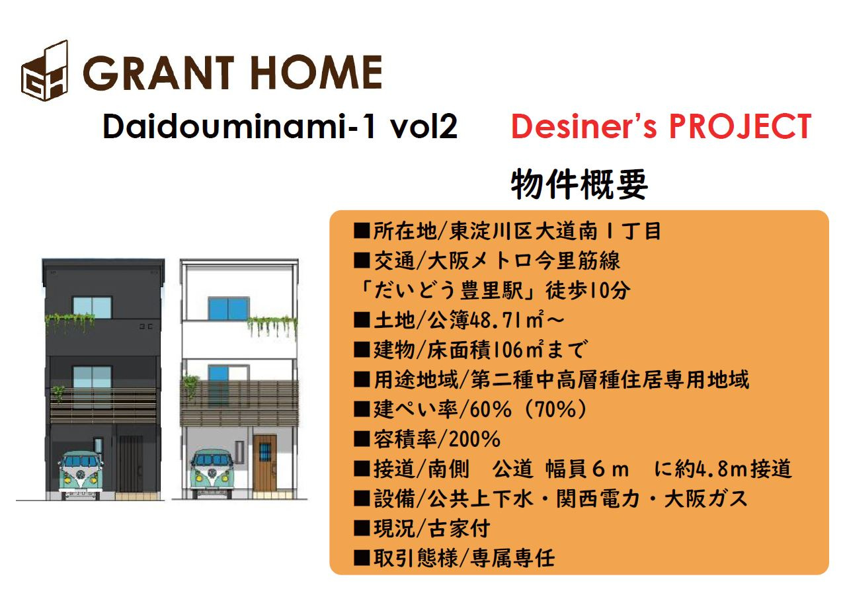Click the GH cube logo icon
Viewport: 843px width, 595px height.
[x=45, y=71]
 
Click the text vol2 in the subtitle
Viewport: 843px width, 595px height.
[x=424, y=126]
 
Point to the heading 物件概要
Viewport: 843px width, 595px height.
[x=579, y=184]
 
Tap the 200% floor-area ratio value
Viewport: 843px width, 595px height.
[x=475, y=439]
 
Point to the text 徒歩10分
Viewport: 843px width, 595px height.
[x=588, y=290]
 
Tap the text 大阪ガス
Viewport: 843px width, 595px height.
[x=706, y=498]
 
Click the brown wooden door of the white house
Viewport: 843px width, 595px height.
[x=265, y=463]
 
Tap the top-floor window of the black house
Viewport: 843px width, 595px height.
[x=92, y=308]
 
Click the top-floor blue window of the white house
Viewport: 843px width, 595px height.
[x=229, y=309]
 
